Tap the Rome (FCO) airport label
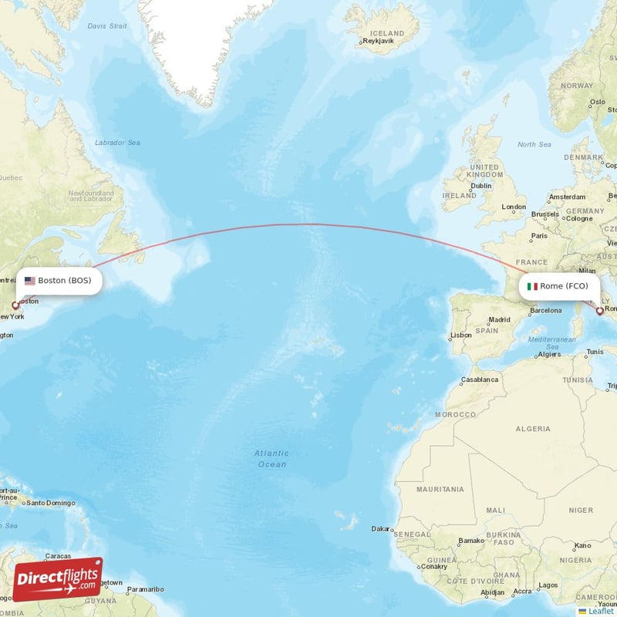(x=563, y=286)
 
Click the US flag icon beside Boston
(x=30, y=281)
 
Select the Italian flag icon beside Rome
(x=532, y=286)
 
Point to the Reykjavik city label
(x=385, y=42)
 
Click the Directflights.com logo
(x=58, y=579)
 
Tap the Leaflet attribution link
(x=600, y=611)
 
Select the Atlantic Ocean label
(x=271, y=459)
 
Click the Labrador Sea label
(x=117, y=143)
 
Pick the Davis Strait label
(x=106, y=25)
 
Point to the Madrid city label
(x=499, y=319)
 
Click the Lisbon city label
(x=461, y=335)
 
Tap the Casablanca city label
(x=480, y=379)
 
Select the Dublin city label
(x=481, y=185)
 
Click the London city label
(x=513, y=207)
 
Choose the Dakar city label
(x=380, y=529)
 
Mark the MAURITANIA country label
(x=440, y=489)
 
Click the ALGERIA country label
(x=533, y=428)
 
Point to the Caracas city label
(x=58, y=555)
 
